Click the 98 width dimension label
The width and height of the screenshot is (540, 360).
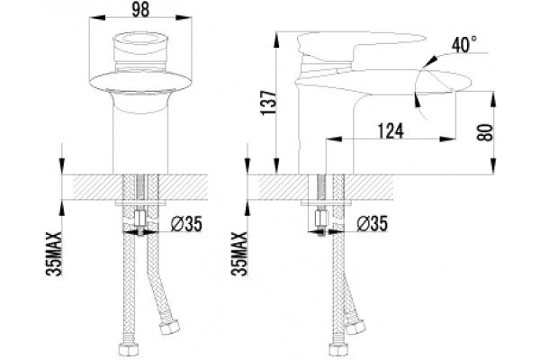[140, 10]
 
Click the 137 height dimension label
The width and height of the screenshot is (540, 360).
[268, 103]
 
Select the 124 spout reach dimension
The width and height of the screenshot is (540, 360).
[391, 130]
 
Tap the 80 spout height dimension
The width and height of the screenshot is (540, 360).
[485, 132]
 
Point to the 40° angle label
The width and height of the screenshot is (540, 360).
[464, 44]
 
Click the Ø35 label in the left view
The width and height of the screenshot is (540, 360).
[186, 225]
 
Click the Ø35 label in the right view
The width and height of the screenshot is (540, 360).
[373, 223]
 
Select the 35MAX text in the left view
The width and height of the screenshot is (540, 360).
[54, 254]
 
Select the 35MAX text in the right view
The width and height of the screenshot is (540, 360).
[239, 254]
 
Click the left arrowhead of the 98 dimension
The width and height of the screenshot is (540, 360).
[97, 17]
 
